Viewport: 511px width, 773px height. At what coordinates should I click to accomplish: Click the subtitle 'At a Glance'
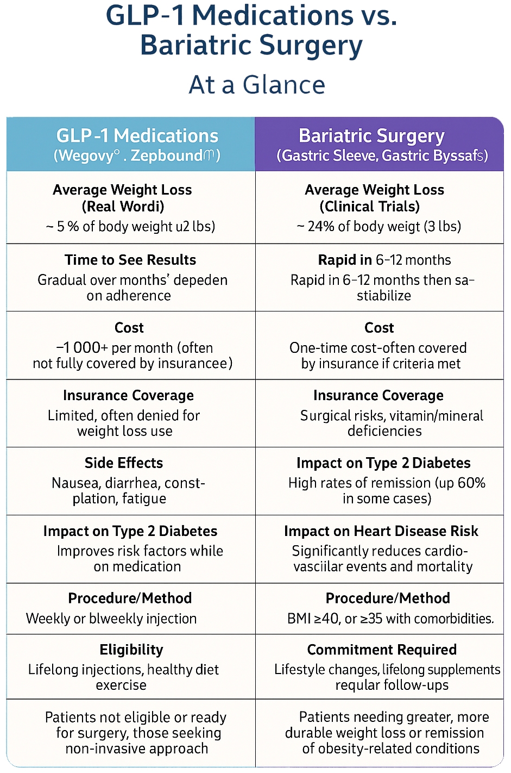(257, 85)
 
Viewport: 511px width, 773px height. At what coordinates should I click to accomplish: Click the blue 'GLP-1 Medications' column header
(137, 136)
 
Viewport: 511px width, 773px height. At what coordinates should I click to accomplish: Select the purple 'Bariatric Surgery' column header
(371, 136)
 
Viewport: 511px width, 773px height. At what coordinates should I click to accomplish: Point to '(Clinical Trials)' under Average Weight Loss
(369, 207)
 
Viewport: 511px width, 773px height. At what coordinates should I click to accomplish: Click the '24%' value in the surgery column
(320, 226)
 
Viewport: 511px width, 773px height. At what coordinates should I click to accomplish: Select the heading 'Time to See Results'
(130, 260)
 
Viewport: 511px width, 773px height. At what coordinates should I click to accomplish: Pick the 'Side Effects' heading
(124, 463)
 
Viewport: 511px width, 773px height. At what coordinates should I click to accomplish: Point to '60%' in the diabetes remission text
(471, 483)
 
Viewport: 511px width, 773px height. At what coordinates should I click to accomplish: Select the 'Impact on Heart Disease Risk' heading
(381, 531)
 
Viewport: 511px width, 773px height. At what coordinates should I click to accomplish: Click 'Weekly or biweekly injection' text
(111, 619)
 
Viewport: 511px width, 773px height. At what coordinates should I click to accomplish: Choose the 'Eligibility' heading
(131, 650)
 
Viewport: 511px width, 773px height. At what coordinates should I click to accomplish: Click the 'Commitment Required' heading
(382, 650)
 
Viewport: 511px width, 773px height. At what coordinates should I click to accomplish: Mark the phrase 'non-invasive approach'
(137, 749)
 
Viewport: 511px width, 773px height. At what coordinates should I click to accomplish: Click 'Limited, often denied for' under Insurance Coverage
(124, 416)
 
